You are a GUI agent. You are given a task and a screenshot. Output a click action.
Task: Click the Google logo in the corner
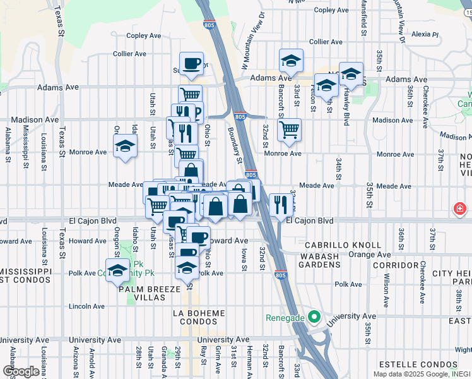click(x=21, y=371)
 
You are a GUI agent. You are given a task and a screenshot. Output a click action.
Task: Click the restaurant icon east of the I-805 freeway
click(x=279, y=204)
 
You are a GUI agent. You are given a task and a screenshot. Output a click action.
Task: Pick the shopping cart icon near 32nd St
click(x=289, y=129)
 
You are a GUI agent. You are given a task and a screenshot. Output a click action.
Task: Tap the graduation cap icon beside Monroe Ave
click(x=125, y=147)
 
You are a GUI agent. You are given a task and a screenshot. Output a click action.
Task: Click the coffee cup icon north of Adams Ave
click(x=191, y=63)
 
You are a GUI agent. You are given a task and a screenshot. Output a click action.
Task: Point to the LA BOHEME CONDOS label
click(x=198, y=318)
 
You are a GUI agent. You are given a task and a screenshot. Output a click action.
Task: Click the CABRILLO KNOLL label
click(x=343, y=245)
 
